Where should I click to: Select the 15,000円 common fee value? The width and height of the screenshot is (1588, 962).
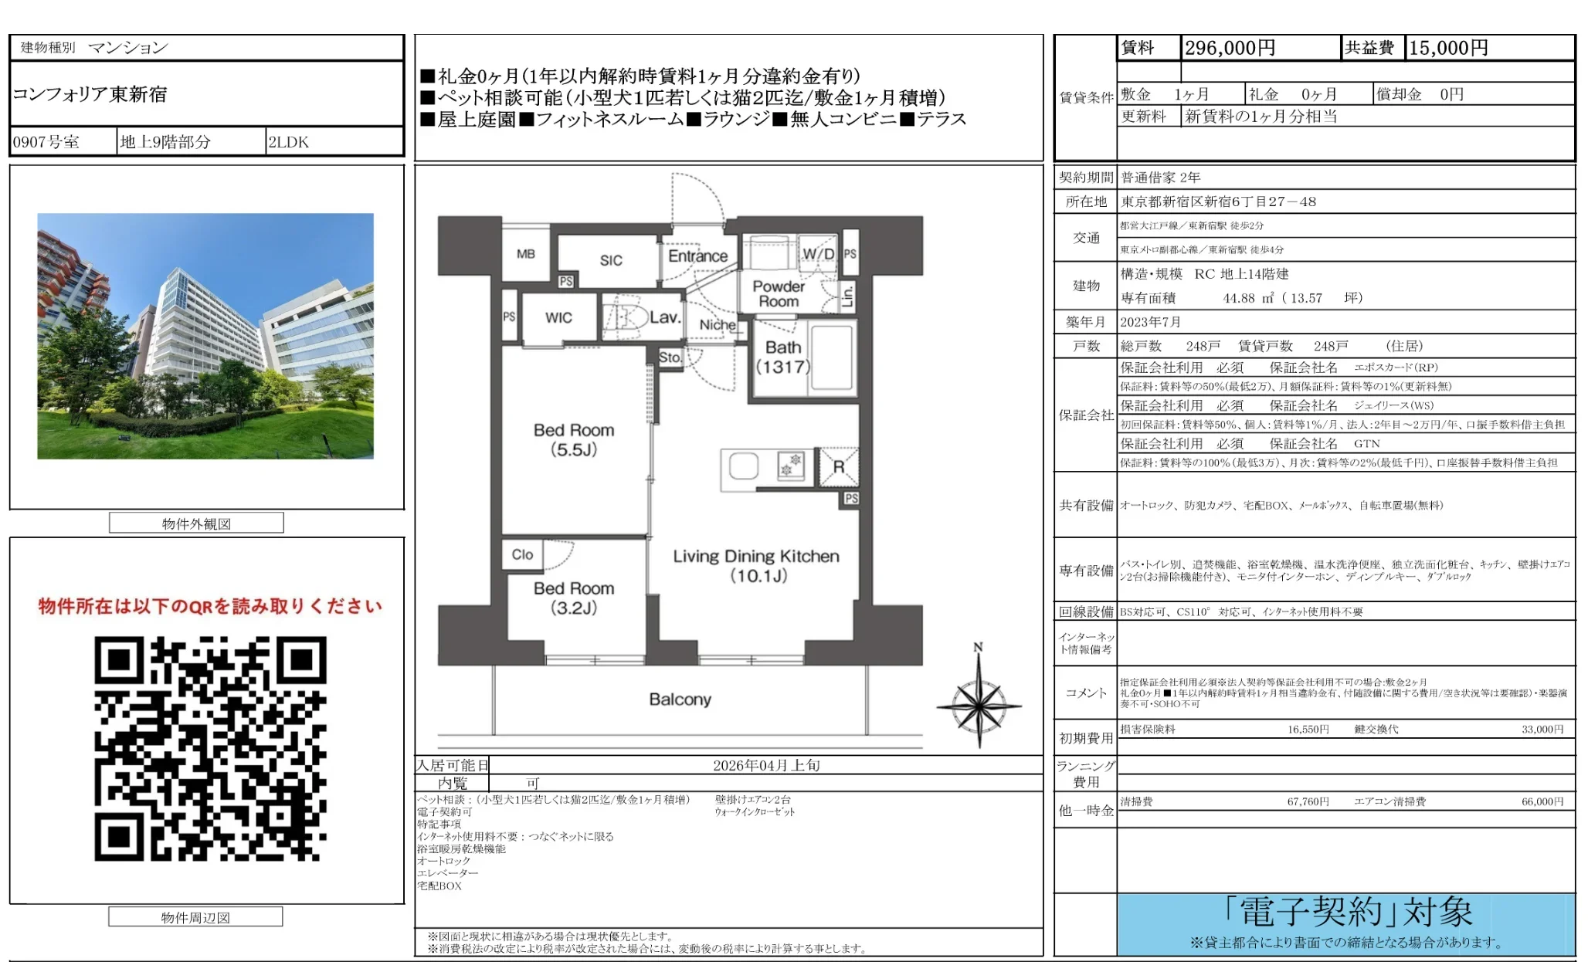1448,48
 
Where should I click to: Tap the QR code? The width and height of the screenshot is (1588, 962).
210,747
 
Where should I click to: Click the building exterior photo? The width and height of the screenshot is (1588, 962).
205,336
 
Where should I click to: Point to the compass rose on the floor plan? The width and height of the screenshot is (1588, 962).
979,704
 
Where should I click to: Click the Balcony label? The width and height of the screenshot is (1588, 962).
680,699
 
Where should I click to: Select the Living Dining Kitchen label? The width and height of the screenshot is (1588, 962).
756,565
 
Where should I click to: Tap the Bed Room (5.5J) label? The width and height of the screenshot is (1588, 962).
574,439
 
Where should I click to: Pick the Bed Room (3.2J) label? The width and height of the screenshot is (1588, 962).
574,598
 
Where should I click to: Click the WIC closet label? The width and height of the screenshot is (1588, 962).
558,317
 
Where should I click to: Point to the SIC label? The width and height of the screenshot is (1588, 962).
611,260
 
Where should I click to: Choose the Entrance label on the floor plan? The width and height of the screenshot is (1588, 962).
697,256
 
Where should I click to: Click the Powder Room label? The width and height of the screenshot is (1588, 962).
779,293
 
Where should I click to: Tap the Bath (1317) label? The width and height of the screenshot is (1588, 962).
783,357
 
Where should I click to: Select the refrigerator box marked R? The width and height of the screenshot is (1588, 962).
838,467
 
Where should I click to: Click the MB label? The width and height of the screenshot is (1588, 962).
526,253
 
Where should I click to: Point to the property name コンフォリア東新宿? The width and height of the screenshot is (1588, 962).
90,94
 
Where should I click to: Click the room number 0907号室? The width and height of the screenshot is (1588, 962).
46,142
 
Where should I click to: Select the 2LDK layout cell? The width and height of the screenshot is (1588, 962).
288,142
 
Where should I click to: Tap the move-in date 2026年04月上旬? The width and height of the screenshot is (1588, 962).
766,765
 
